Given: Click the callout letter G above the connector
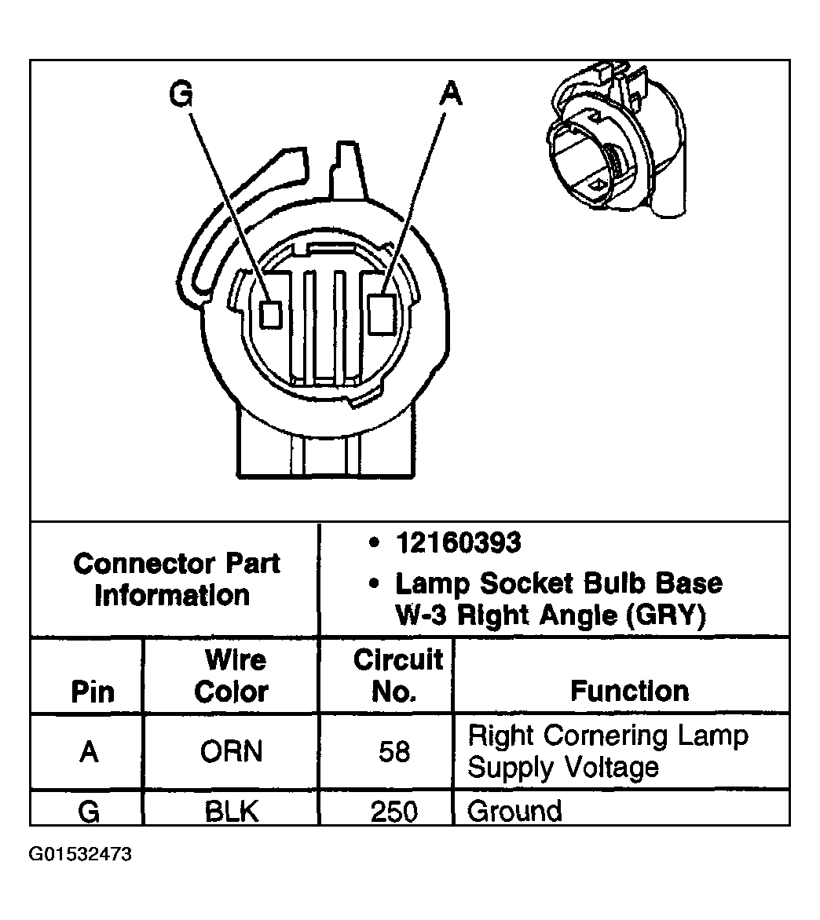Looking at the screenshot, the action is (x=181, y=93).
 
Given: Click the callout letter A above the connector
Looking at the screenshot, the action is (x=451, y=93).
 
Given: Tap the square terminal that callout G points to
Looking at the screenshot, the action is (x=271, y=315).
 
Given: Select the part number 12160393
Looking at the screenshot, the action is (x=459, y=542).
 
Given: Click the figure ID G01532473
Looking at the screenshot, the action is (x=80, y=854).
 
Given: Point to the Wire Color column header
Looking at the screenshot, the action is (x=231, y=676).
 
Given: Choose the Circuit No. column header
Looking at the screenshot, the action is (x=398, y=675).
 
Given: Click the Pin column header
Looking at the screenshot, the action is (x=92, y=692).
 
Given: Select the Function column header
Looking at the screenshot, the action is (x=629, y=691).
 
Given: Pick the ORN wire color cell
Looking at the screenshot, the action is (x=231, y=751).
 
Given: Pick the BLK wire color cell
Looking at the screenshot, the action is (x=231, y=812).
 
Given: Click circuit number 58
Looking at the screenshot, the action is (x=394, y=751).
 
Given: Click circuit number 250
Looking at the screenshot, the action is (x=394, y=812).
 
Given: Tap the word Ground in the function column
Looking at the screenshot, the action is (x=514, y=812).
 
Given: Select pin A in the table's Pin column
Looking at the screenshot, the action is (x=89, y=751).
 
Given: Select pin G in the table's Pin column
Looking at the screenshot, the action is (x=89, y=812).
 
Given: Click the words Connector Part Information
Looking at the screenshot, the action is (x=176, y=579).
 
